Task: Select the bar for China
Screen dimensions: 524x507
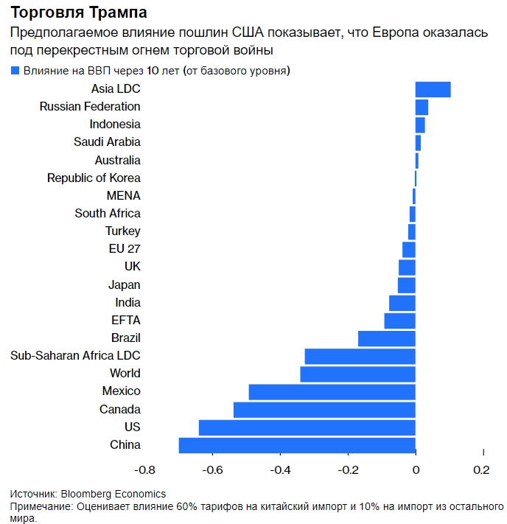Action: point(297,445)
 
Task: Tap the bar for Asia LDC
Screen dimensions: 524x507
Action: point(433,89)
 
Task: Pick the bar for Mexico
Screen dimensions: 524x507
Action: point(332,391)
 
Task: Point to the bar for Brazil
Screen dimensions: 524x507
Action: point(387,338)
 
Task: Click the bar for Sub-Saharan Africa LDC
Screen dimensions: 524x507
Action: point(360,356)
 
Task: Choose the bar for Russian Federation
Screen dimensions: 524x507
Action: point(422,107)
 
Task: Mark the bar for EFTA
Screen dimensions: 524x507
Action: point(399,321)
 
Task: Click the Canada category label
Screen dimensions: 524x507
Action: point(119,409)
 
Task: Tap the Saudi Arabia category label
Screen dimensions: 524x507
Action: point(107,142)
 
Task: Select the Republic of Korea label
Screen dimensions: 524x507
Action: point(94,178)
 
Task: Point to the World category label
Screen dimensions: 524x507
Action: point(125,374)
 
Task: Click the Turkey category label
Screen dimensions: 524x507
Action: point(122,231)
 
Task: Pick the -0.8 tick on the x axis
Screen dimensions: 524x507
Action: point(145,469)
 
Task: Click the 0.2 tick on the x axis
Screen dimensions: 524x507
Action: point(481,469)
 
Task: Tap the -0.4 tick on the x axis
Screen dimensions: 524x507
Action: point(280,469)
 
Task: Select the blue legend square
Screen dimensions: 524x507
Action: point(15,71)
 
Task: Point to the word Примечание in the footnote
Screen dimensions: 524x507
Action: point(41,507)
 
